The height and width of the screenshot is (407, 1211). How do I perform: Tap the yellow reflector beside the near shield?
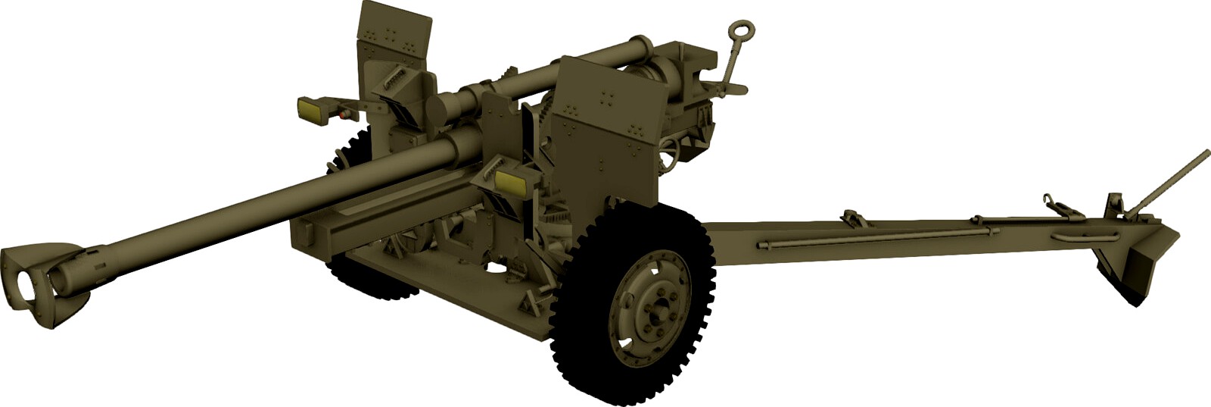click(511, 181)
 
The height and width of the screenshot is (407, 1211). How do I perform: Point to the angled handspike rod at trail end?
click(1173, 178)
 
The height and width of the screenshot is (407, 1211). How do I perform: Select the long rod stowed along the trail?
click(870, 239)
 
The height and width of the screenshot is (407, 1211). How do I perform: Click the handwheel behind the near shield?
click(669, 159)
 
